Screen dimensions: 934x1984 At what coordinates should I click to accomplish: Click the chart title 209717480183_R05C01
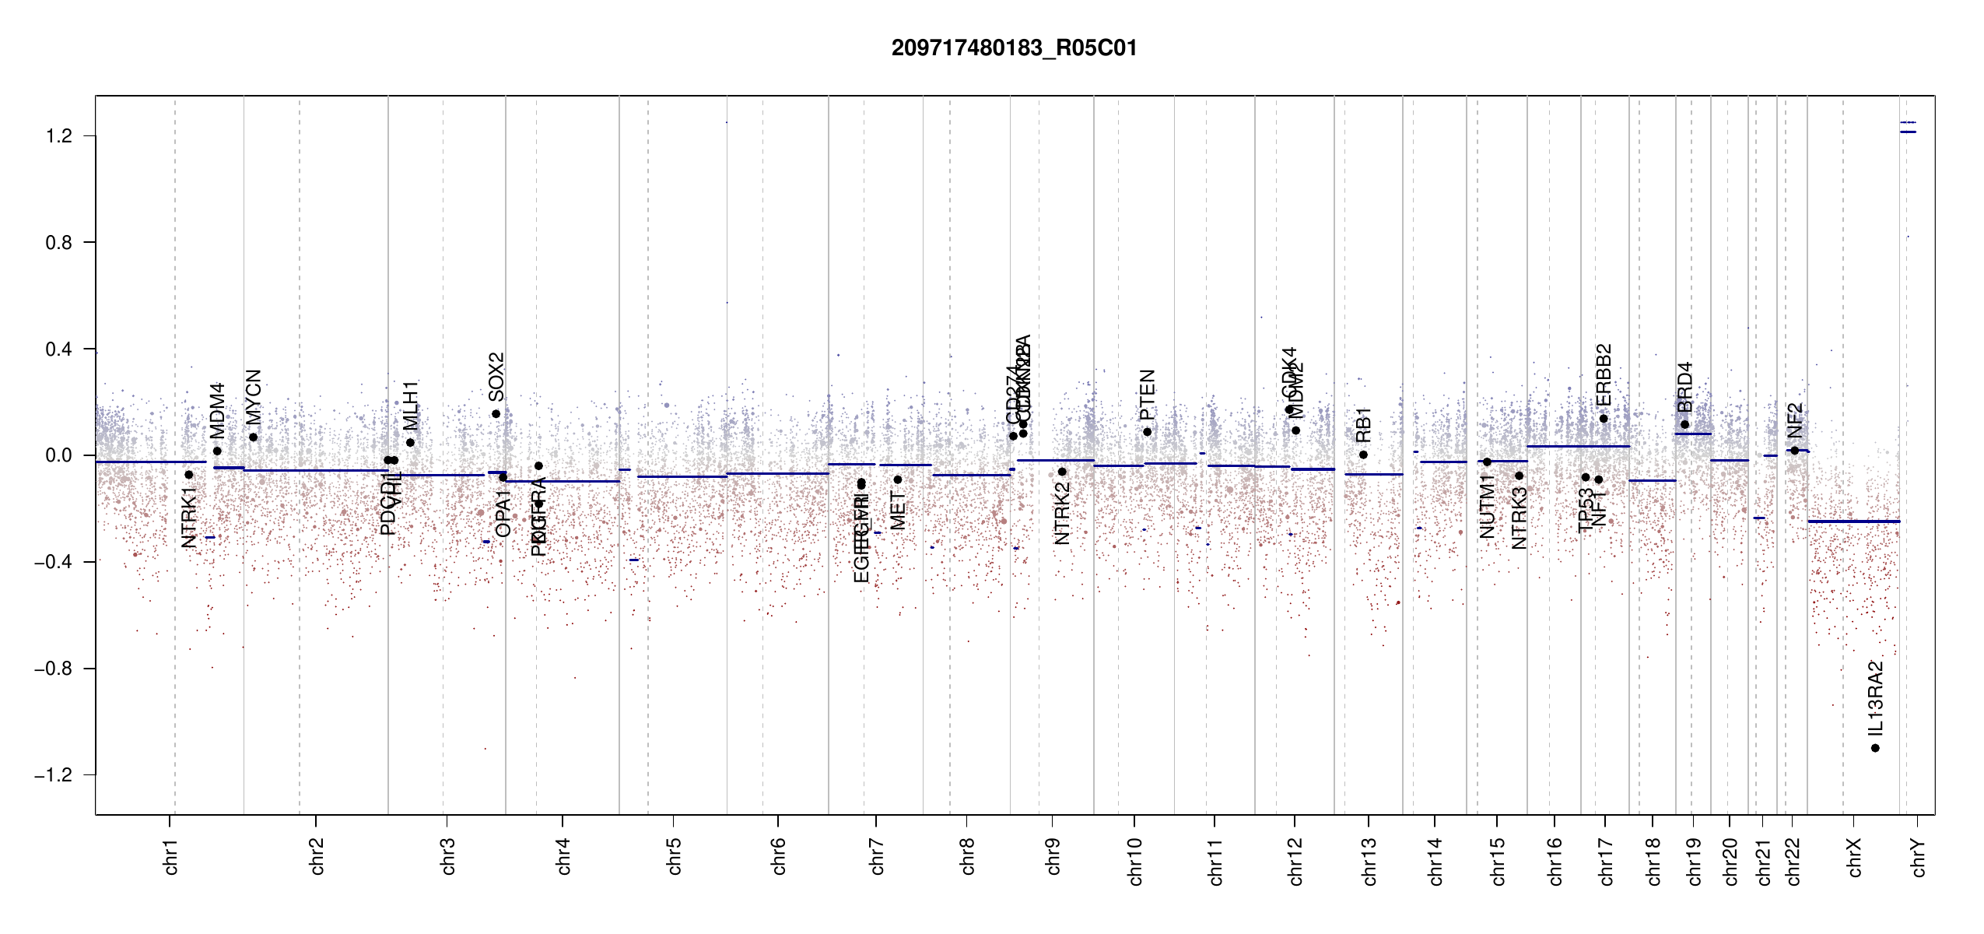(x=1014, y=48)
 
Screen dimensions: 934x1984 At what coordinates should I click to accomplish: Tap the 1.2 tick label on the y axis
(x=59, y=136)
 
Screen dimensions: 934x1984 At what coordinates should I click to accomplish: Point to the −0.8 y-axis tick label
(x=53, y=669)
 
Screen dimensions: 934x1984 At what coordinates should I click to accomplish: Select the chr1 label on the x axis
(x=171, y=856)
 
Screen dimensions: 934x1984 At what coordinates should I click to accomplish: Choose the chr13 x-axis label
(x=1369, y=861)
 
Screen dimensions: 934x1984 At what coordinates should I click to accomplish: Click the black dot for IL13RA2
(x=1875, y=748)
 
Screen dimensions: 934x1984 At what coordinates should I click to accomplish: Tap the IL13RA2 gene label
(x=1876, y=698)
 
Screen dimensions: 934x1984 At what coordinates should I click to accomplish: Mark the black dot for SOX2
(x=496, y=414)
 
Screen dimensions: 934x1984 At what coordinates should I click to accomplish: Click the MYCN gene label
(x=254, y=397)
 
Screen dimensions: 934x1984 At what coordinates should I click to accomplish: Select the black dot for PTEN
(x=1147, y=432)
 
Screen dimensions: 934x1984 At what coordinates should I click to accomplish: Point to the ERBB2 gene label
(x=1604, y=374)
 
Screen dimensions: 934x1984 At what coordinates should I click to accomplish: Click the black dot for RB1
(x=1363, y=455)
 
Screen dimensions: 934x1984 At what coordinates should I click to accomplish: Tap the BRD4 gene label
(x=1684, y=387)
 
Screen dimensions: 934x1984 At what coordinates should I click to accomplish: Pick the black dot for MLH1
(x=410, y=443)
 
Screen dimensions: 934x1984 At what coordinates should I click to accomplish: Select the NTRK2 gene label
(x=1062, y=513)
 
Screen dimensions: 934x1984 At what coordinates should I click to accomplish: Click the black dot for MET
(x=897, y=479)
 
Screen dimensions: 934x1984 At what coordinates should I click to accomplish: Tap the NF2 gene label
(x=1794, y=420)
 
